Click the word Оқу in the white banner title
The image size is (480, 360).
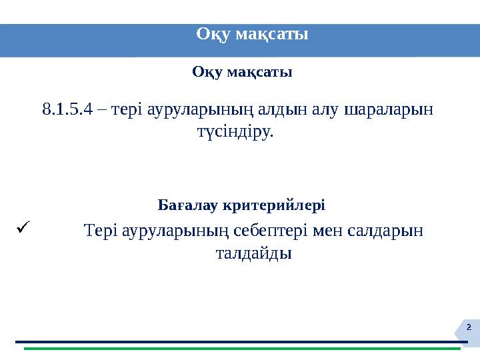click(213, 33)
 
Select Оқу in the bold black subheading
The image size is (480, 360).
click(207, 71)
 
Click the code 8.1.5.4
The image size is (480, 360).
click(67, 109)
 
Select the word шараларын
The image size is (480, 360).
click(389, 109)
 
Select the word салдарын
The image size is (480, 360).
click(387, 231)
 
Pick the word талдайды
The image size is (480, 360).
click(254, 254)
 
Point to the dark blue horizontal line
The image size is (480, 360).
click(240, 342)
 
